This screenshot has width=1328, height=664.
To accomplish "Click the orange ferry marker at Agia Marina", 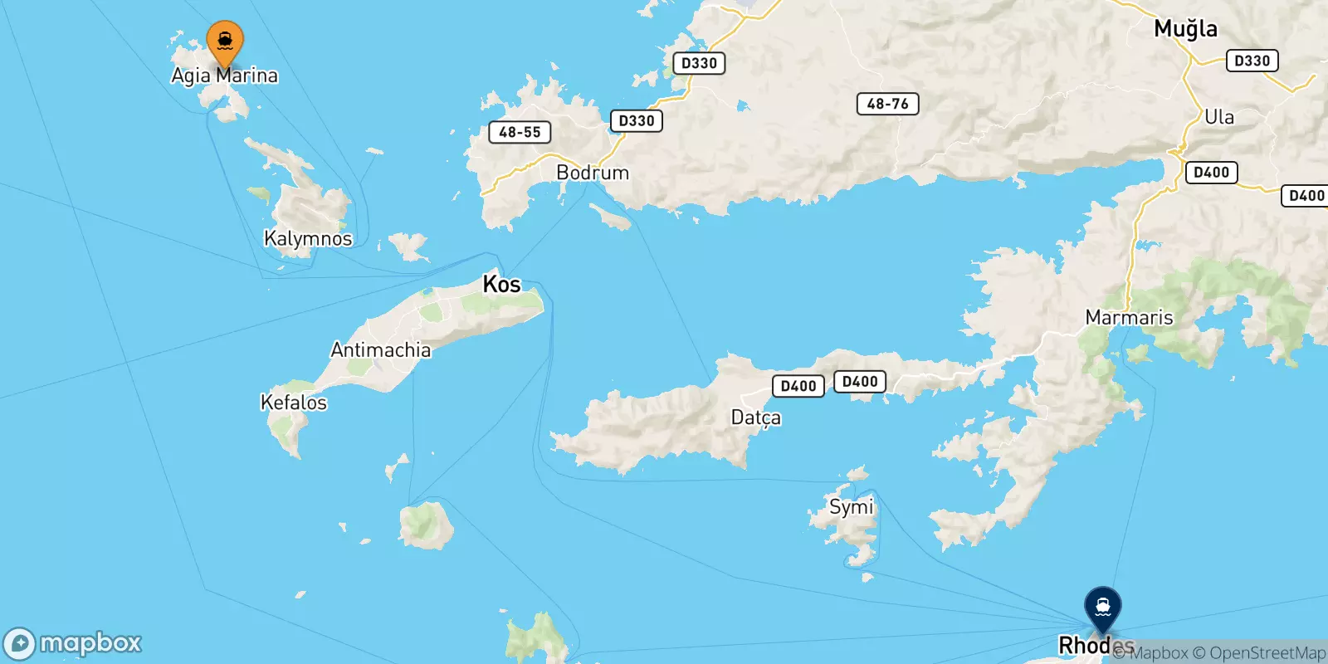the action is click(224, 41).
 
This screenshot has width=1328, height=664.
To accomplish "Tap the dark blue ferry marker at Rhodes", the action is click(1102, 608).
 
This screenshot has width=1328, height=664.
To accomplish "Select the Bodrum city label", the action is click(593, 173).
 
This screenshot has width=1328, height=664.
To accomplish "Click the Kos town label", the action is click(501, 285).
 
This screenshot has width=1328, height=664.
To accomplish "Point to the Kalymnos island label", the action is click(308, 239).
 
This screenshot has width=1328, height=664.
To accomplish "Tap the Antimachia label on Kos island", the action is click(381, 350).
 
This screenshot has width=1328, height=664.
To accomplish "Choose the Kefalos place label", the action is click(294, 403).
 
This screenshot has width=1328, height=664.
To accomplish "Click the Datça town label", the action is click(755, 417).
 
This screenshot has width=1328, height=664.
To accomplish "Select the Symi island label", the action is click(851, 507).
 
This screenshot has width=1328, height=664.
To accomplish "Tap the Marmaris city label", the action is click(1129, 318).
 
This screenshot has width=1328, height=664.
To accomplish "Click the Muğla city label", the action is click(1185, 29).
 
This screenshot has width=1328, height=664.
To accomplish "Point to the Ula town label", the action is click(1218, 117).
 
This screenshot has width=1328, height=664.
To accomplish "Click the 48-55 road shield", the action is click(520, 132).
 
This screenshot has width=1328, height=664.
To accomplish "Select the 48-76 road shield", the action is click(887, 104).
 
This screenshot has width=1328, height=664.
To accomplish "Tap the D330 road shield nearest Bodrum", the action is click(637, 120).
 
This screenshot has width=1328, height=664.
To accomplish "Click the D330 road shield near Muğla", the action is click(1252, 61).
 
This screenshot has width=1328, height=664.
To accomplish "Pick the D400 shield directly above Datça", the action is click(798, 386).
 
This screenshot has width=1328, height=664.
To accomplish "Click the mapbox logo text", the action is click(90, 643).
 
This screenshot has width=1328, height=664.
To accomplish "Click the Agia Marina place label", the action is click(224, 76).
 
